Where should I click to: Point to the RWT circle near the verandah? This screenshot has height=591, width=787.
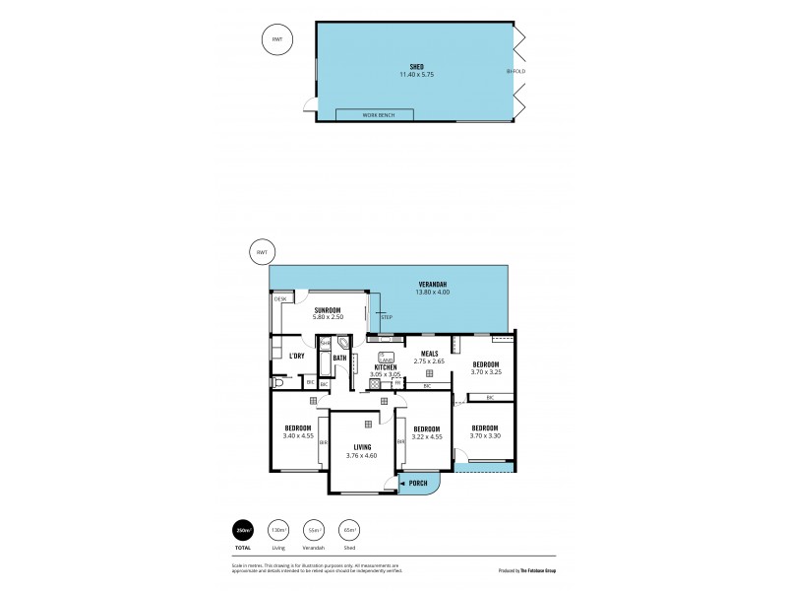tap(261, 252)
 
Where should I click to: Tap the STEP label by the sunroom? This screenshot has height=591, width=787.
tap(386, 317)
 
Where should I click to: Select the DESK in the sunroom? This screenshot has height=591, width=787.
tap(279, 298)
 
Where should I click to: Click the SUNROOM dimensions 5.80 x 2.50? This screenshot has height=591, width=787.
tap(327, 316)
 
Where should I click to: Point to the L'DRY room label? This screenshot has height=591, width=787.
tap(295, 356)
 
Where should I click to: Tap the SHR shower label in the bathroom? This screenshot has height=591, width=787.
tap(325, 343)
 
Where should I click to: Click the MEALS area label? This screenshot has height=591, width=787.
tap(429, 353)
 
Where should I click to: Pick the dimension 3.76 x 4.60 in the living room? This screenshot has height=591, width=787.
tap(361, 456)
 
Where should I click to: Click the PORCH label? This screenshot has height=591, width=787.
tap(420, 485)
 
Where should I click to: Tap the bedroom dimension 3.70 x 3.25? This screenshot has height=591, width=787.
tap(485, 371)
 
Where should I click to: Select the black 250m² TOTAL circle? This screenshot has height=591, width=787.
tap(241, 532)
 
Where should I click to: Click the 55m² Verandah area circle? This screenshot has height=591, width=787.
tap(313, 532)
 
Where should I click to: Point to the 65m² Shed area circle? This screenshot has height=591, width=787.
tap(348, 532)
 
